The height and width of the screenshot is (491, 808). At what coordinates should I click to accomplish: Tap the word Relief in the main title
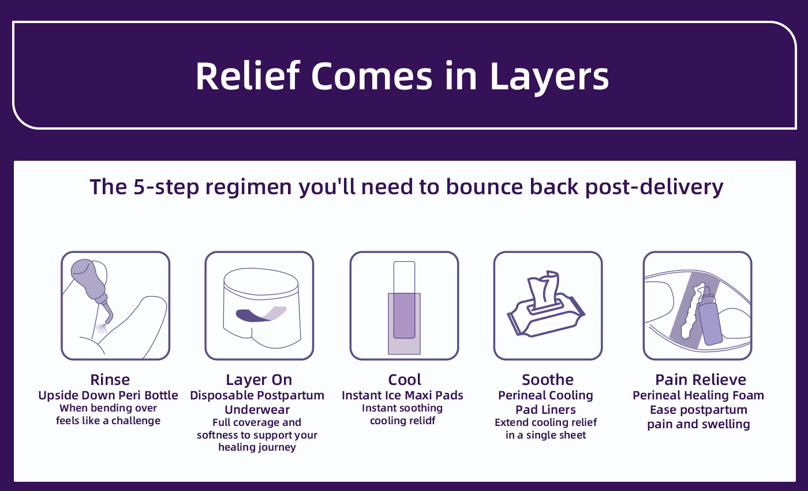[248, 75]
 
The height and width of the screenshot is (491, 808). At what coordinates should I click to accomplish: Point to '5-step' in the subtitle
[169, 187]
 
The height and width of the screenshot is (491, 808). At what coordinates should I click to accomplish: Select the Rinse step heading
[110, 380]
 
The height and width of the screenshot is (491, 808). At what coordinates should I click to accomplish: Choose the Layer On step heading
[259, 380]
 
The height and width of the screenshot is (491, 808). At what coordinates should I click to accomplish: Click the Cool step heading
[404, 380]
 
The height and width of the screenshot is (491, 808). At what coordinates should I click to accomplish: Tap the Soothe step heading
[547, 380]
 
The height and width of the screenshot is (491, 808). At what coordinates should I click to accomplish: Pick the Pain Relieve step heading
[700, 380]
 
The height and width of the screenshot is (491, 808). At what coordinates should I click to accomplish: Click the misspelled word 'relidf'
[420, 421]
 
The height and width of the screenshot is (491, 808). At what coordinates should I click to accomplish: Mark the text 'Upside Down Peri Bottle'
[109, 395]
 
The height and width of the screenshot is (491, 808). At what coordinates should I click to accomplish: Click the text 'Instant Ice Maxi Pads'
[402, 395]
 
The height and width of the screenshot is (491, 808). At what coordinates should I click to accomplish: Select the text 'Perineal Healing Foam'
[698, 395]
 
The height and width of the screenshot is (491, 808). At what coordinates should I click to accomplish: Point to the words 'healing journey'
[257, 447]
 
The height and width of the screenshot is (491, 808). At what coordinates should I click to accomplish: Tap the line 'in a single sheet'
[545, 435]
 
